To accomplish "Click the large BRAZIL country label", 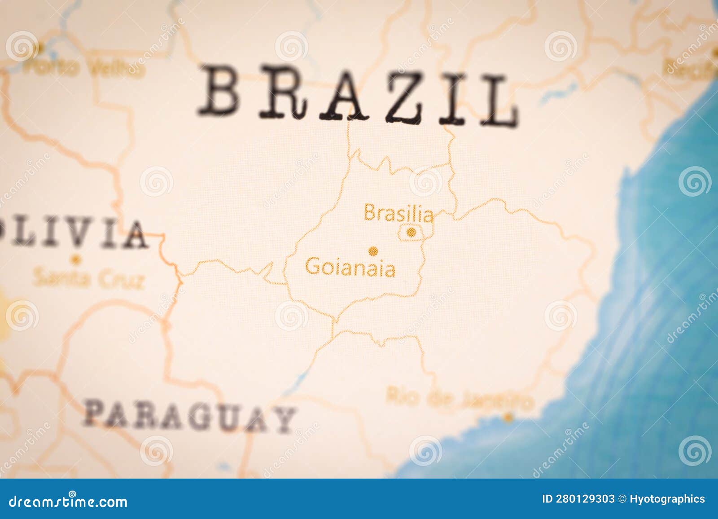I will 358,95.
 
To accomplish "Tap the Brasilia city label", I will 398,213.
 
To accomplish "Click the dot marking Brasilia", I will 411,232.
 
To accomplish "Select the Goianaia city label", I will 350,268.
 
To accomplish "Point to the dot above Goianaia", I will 372,251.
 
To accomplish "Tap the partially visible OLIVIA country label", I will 74,233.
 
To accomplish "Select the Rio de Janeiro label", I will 460,398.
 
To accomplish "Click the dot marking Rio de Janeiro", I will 508,417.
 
